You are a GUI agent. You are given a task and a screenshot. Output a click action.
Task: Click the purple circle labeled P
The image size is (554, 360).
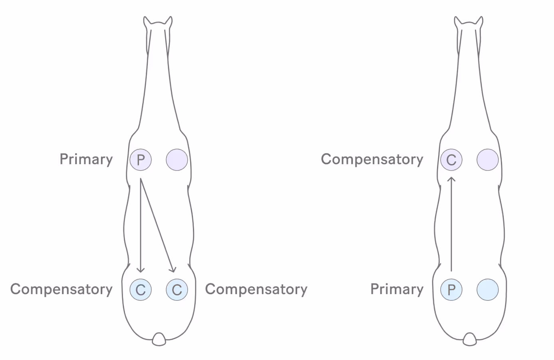[141, 160]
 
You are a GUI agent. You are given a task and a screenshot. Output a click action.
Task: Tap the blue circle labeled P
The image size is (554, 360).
[451, 290]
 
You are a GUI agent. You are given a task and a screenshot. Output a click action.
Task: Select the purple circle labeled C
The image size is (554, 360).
[451, 160]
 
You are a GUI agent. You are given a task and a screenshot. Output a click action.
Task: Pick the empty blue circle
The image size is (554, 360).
[488, 290]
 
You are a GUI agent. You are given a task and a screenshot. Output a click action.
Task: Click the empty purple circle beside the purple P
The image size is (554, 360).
[177, 160]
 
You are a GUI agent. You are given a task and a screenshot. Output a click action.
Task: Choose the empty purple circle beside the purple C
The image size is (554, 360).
[488, 160]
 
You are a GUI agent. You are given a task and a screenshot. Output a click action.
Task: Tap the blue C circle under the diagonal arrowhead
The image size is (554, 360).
[177, 290]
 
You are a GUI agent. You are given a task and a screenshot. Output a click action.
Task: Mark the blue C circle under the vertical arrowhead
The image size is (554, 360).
[141, 290]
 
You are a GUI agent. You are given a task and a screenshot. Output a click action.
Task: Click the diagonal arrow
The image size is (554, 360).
[157, 226]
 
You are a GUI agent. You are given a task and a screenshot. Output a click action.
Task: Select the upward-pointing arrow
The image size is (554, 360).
[451, 224]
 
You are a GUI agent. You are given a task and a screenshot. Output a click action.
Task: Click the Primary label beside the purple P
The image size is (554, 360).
[86, 159]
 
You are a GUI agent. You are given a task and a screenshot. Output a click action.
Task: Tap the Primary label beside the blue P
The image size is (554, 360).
[397, 289]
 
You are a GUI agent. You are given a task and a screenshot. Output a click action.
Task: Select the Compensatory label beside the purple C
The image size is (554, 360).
[372, 159]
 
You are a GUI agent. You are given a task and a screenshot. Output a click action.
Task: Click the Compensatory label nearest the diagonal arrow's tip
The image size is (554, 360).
[256, 289]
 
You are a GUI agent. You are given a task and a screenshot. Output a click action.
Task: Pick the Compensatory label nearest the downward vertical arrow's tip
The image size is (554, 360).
[62, 289]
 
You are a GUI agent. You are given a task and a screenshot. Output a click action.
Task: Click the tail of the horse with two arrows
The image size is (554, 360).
[159, 339]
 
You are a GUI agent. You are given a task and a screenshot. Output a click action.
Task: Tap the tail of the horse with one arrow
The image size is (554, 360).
[470, 339]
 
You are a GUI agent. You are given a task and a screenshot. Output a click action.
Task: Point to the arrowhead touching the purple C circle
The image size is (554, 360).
[451, 180]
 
